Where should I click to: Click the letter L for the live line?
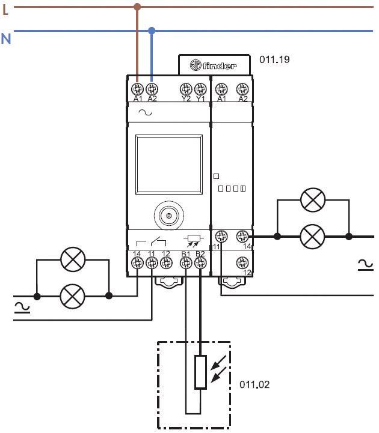tap(5, 10)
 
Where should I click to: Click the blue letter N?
tap(6, 38)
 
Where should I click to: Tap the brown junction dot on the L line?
tap(137, 7)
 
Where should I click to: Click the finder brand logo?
tap(213, 65)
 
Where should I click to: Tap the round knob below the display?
tap(169, 214)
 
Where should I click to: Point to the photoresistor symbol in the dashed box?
tap(200, 372)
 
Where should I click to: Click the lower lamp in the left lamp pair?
tap(73, 295)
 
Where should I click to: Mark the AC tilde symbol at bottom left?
tap(22, 307)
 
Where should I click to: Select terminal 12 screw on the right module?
tap(242, 262)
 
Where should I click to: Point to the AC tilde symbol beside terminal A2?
tap(145, 112)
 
